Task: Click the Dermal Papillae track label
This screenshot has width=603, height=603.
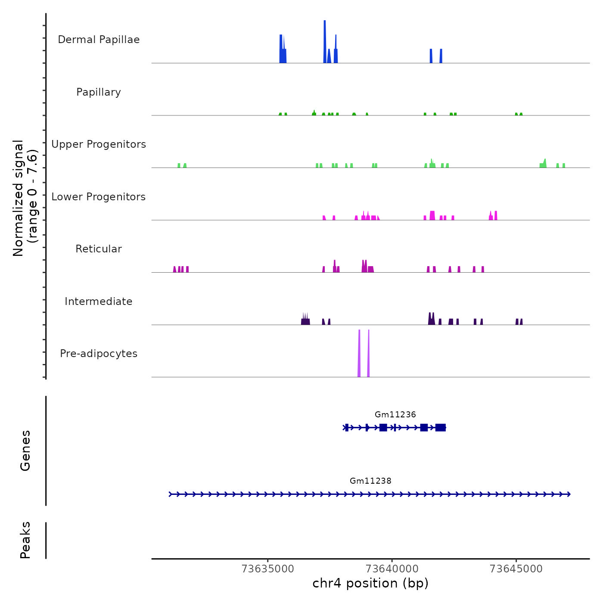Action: point(99,40)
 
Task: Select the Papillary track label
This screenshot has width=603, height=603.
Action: point(99,92)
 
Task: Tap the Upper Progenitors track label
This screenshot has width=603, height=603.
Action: point(99,144)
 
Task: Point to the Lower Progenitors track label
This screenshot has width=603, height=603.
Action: point(99,197)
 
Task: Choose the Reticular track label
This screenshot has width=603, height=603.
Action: point(99,249)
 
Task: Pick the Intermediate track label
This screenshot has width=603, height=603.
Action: point(99,301)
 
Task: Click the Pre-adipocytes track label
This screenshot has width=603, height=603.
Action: point(99,354)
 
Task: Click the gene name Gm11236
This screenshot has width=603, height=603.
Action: point(395,415)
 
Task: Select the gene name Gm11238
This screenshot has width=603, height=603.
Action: point(370,481)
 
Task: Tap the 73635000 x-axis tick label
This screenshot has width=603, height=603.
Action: point(268,569)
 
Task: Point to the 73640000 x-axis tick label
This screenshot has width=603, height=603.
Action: point(392,569)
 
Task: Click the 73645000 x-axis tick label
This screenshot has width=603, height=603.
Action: point(516,569)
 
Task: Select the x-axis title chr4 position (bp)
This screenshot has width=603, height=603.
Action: point(370,584)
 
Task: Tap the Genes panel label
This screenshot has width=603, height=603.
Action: point(25,451)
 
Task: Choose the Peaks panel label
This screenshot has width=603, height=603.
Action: point(25,540)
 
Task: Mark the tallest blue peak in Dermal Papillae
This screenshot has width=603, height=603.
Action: point(325,41)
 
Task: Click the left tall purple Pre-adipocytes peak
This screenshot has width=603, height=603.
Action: point(359,353)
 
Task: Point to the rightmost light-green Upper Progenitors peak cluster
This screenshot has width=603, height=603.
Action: point(544,164)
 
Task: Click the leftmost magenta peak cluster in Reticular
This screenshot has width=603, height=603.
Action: point(181,269)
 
